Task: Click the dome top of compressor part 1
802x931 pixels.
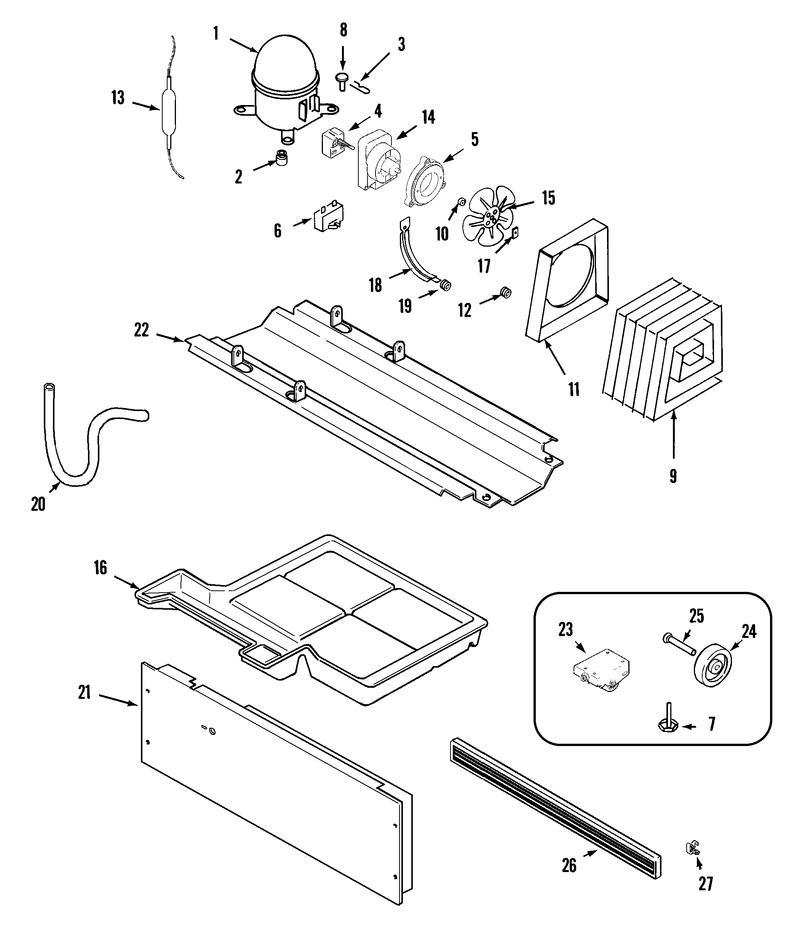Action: pyautogui.click(x=284, y=58)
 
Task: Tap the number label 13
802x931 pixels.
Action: pyautogui.click(x=118, y=97)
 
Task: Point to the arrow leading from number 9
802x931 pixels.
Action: pyautogui.click(x=673, y=440)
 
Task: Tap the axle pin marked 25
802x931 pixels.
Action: pyautogui.click(x=679, y=643)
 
